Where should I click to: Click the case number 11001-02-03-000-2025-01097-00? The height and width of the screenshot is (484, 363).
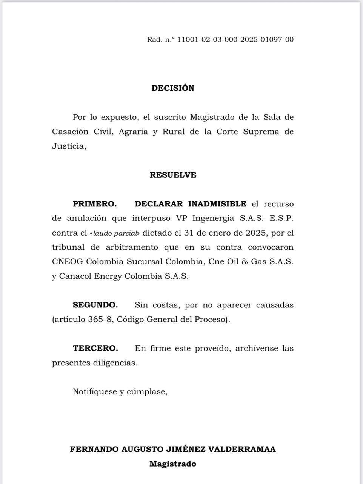tap(235, 39)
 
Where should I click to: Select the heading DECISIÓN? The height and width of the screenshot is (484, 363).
tap(173, 88)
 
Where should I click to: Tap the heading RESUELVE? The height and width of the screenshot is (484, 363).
tap(173, 175)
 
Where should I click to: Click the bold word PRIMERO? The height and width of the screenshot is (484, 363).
tap(95, 204)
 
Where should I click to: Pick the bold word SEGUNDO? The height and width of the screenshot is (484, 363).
tap(95, 305)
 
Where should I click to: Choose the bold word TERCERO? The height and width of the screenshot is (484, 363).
tap(95, 348)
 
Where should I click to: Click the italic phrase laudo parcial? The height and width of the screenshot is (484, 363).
tap(115, 233)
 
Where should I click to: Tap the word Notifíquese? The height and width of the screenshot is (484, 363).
tap(95, 392)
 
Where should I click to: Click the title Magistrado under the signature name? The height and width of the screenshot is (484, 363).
tap(173, 464)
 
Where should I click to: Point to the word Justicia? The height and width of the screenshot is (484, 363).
tap(69, 146)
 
